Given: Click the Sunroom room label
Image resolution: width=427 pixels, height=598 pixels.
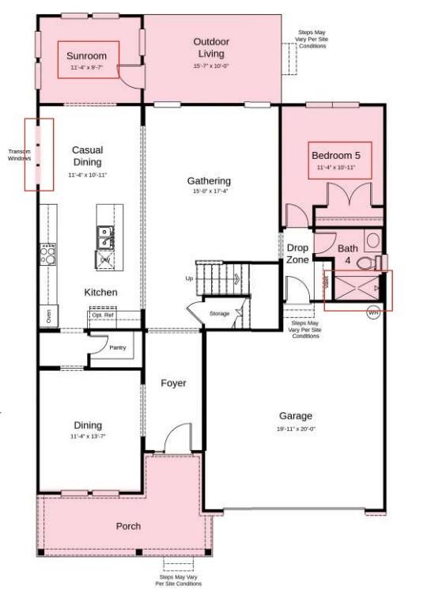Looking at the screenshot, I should point(81,57).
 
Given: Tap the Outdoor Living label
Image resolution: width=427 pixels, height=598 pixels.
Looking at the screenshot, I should point(212,47).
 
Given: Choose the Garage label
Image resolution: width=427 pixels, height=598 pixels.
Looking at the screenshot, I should point(295,416).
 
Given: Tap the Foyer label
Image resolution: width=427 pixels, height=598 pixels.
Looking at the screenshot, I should point(174,384).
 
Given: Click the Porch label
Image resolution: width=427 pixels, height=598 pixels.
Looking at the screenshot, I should point(128,526).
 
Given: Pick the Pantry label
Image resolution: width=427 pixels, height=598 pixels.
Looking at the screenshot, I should point(118,347).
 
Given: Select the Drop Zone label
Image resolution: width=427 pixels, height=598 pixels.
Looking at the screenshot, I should point(297,253).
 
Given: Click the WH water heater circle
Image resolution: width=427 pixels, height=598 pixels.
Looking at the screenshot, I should point(373,312).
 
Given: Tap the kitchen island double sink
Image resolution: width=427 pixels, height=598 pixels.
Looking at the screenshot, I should point(104,234).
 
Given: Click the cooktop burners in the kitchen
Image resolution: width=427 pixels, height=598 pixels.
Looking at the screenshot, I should point(48,254).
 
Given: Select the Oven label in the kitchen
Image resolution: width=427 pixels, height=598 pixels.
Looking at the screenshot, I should point(49,315).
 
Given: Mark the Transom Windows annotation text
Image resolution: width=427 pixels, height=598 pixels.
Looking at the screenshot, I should point(19,155).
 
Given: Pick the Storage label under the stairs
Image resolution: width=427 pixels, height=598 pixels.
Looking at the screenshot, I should point(219,314).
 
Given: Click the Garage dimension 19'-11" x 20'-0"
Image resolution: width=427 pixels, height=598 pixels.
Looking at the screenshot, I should point(295,430).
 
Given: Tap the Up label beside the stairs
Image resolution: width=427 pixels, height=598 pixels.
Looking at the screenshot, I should point(189,278).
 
